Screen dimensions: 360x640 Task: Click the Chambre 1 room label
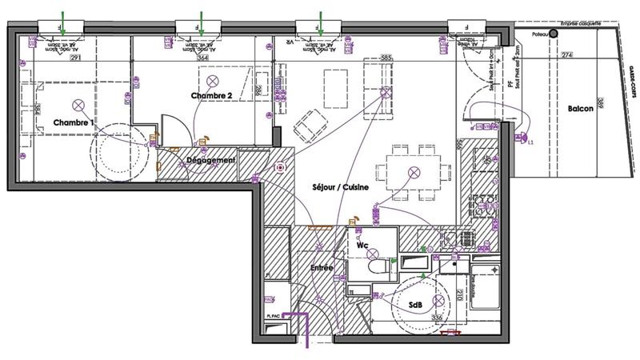(x=74, y=122)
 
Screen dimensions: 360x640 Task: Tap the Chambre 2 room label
(x=211, y=96)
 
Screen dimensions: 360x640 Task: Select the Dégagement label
(x=211, y=160)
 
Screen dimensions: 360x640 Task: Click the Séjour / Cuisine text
(x=340, y=187)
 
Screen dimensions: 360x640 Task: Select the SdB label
(x=415, y=306)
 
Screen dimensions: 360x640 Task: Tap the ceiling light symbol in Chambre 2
(x=213, y=81)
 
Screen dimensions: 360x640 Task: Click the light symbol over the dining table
(x=414, y=172)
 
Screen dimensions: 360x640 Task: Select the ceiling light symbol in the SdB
(x=438, y=299)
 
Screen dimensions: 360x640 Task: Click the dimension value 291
(x=76, y=58)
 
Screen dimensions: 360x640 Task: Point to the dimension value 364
(x=202, y=58)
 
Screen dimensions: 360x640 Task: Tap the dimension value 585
(x=386, y=58)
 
